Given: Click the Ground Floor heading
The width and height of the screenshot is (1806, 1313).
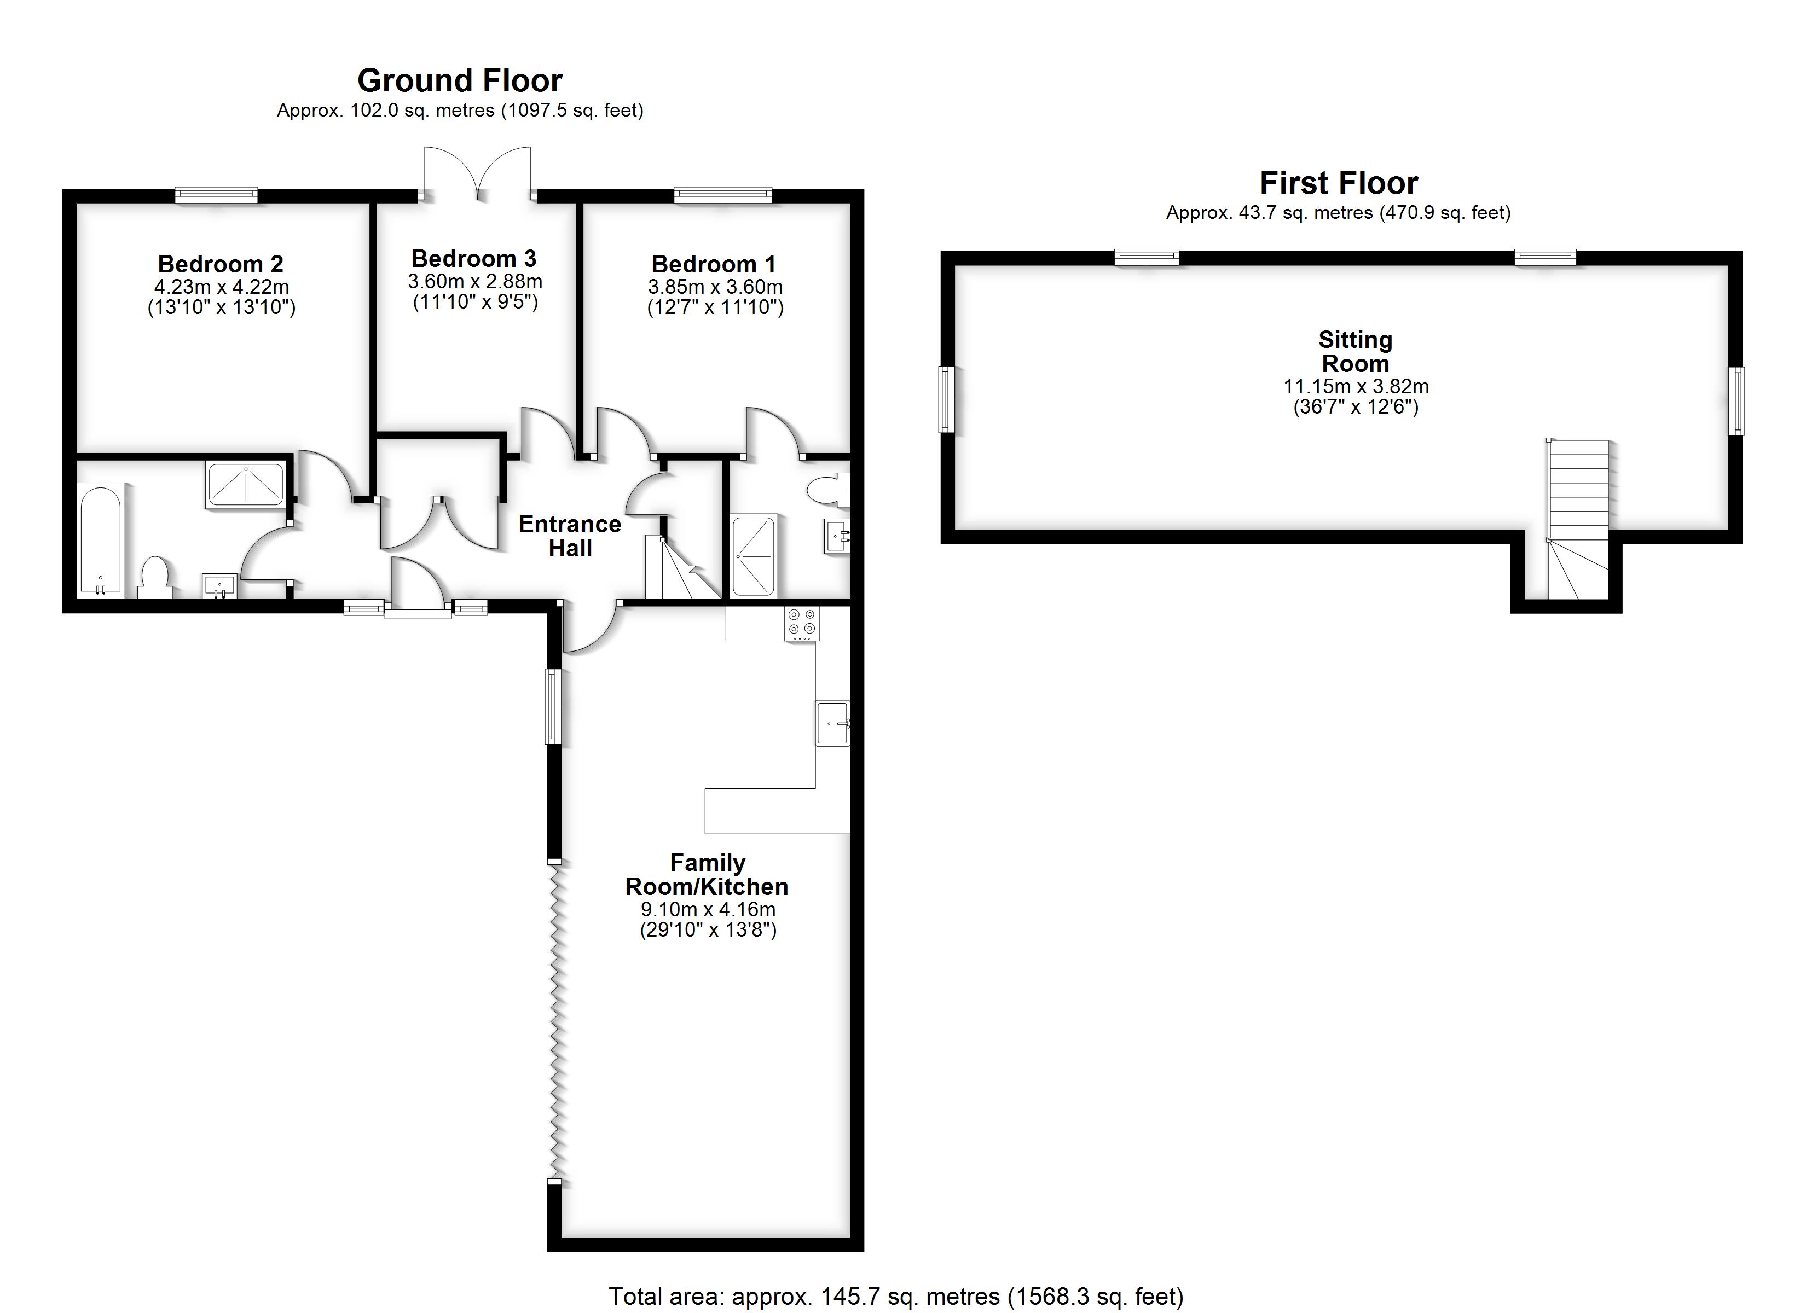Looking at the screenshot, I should (x=460, y=80).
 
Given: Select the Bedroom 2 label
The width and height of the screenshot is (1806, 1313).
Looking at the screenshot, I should (x=221, y=264).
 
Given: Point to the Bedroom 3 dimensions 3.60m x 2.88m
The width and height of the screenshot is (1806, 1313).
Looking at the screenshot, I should (x=476, y=281).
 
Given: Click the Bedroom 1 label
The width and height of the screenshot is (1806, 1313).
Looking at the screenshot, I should (x=714, y=264).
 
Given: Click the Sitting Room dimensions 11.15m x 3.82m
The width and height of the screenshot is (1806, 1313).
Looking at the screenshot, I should (x=1355, y=387).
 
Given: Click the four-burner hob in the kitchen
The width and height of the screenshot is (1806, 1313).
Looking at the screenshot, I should (x=802, y=624).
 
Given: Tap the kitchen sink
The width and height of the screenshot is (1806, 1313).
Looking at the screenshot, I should (x=833, y=723).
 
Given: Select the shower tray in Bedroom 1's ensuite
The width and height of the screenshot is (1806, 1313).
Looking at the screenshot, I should (x=753, y=556).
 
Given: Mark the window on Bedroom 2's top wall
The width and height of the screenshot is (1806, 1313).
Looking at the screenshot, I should (x=217, y=194).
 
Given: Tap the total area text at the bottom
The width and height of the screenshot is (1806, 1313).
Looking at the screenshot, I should (x=896, y=1296).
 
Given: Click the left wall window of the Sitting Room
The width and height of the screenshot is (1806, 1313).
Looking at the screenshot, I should (x=946, y=399).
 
